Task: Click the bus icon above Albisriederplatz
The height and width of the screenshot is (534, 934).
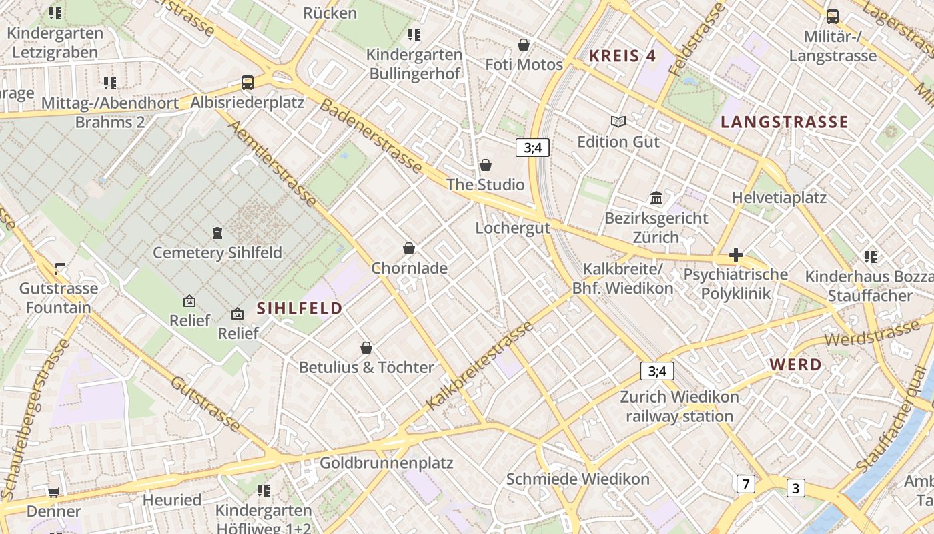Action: point(248,83)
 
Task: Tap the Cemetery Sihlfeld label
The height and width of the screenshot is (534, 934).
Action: point(217,253)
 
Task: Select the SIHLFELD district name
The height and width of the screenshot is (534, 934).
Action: point(300,308)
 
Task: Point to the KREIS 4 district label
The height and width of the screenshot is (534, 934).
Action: point(622,56)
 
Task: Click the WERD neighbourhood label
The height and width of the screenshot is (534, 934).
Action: point(795,365)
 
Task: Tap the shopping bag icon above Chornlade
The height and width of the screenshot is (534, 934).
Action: point(409,249)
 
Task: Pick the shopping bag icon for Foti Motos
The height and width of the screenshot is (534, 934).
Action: point(524,45)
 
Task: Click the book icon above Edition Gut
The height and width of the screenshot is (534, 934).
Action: point(618,122)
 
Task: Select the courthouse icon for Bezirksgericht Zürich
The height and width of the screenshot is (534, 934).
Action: point(656,198)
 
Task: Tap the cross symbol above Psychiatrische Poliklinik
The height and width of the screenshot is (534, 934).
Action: point(736,255)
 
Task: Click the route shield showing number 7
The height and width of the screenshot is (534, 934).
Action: point(745,484)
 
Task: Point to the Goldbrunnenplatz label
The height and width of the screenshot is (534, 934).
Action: point(386,463)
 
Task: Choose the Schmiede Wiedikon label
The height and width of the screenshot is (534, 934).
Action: point(578,479)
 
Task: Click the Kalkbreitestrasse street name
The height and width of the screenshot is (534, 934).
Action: point(480,366)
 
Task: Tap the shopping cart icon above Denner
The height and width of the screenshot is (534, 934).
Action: point(53,493)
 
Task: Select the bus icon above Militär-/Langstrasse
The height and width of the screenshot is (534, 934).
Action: point(832,17)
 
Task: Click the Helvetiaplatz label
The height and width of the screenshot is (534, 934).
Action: point(779,198)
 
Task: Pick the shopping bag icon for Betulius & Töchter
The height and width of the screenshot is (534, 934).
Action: point(366,348)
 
